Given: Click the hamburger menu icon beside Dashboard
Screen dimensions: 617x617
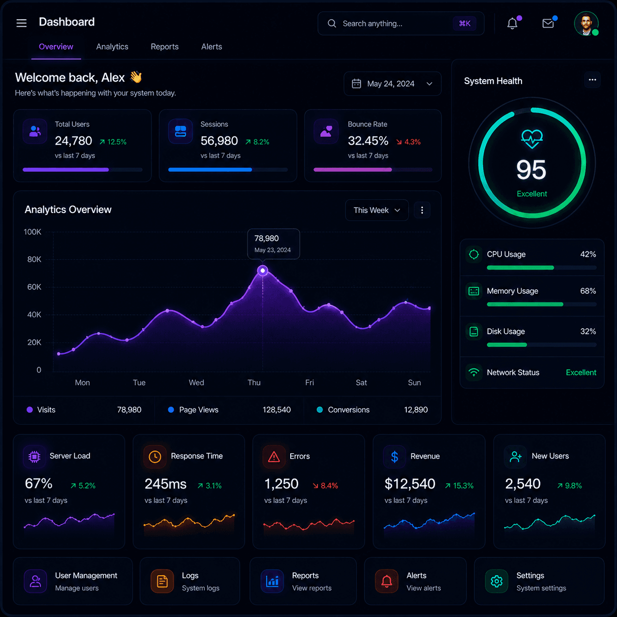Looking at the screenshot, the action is pyautogui.click(x=22, y=23).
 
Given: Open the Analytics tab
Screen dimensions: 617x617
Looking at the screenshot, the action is pyautogui.click(x=112, y=47).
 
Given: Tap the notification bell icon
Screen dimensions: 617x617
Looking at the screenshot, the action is pyautogui.click(x=512, y=24).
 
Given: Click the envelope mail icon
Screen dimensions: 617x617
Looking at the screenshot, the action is pyautogui.click(x=548, y=24).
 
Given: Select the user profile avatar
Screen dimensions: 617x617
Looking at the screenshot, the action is pyautogui.click(x=586, y=24).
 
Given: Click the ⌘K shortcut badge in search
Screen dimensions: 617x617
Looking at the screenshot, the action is pyautogui.click(x=464, y=24).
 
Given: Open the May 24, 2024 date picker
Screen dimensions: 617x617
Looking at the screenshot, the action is pyautogui.click(x=392, y=84).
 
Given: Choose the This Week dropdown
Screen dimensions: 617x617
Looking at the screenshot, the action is pyautogui.click(x=377, y=210).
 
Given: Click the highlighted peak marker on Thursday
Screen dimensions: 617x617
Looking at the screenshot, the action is pyautogui.click(x=263, y=271).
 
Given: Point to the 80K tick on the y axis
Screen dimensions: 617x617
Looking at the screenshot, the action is pyautogui.click(x=34, y=259).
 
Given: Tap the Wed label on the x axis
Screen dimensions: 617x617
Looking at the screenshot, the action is pyautogui.click(x=196, y=383).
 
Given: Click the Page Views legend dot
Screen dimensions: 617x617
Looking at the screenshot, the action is pyautogui.click(x=171, y=410).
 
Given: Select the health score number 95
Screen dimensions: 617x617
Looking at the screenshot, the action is pyautogui.click(x=531, y=170).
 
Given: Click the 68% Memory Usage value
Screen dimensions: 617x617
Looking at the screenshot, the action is pyautogui.click(x=588, y=291).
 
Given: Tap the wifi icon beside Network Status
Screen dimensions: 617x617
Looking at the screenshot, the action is pyautogui.click(x=473, y=372).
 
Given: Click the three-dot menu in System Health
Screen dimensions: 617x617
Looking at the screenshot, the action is pyautogui.click(x=592, y=80).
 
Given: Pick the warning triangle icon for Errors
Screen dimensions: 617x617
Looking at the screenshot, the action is pyautogui.click(x=274, y=457).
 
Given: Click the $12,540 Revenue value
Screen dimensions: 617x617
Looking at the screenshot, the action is pyautogui.click(x=410, y=484).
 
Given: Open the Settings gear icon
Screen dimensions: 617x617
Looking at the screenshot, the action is pyautogui.click(x=496, y=581).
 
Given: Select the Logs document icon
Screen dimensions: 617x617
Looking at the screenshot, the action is pyautogui.click(x=162, y=581).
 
